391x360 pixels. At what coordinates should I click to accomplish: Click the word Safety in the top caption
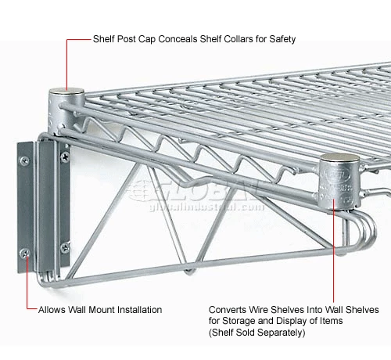(x=282, y=39)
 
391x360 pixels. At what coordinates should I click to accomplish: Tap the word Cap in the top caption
(x=147, y=39)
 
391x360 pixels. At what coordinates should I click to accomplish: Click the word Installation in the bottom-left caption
(x=139, y=310)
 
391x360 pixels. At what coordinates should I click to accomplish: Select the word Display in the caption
(x=292, y=321)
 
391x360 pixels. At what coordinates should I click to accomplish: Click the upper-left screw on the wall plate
(x=24, y=160)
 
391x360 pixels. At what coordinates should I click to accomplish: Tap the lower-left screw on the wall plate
(x=25, y=253)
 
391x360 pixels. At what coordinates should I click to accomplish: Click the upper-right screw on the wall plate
(x=65, y=157)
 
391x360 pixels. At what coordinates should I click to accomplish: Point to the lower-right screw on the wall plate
(x=65, y=247)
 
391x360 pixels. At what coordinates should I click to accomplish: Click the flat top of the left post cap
(x=66, y=92)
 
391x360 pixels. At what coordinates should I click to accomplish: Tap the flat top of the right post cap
(x=339, y=157)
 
